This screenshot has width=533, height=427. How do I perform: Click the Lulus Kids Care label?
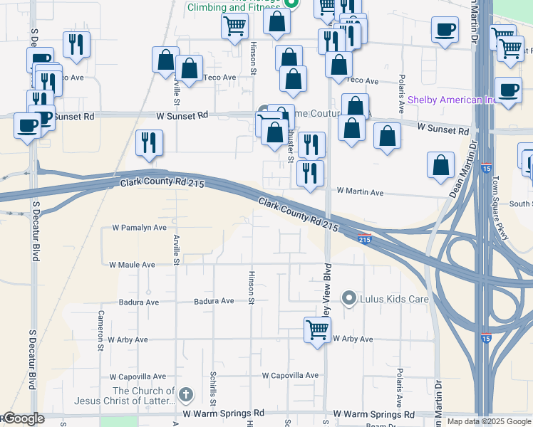coord(395,299)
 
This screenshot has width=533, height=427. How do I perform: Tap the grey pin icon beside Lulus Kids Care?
coord(349,298)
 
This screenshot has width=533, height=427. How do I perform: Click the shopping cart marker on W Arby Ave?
coord(318,330)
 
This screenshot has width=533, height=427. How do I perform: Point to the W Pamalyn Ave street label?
coord(139,228)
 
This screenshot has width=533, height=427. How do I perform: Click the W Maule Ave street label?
coord(132,265)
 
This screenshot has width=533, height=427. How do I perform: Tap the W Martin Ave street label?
coord(360,192)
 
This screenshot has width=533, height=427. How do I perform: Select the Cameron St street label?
coord(102,325)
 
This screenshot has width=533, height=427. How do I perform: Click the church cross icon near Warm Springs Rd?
coord(186,394)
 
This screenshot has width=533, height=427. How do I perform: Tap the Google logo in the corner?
coord(23,418)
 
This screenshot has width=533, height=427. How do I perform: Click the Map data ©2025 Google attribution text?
coord(488,421)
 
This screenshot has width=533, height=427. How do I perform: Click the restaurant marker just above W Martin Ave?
coord(310,173)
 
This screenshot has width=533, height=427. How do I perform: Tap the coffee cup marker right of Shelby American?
coord(508,90)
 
